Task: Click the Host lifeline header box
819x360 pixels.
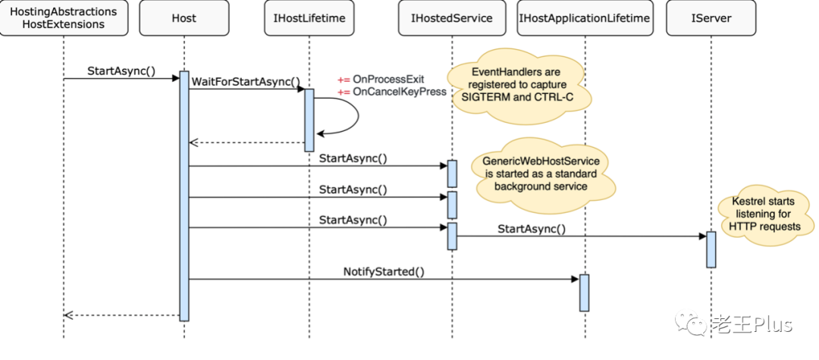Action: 184,18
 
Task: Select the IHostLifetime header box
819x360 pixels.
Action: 309,18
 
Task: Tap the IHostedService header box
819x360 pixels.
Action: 452,18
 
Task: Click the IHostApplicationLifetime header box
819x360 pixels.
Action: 585,18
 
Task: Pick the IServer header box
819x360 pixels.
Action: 711,18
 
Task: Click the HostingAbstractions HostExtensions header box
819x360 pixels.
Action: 64,18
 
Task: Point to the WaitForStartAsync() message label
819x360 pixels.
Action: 246,81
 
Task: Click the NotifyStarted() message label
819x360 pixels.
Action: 384,271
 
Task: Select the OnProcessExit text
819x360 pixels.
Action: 388,80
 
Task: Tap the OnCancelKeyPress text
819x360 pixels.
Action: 399,92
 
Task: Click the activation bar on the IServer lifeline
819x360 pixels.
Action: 711,249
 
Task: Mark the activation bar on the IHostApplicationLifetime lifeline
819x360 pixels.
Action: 585,293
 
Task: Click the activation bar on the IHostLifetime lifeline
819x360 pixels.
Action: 309,120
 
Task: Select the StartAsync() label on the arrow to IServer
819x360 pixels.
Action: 532,229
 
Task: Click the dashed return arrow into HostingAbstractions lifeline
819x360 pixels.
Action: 121,315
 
